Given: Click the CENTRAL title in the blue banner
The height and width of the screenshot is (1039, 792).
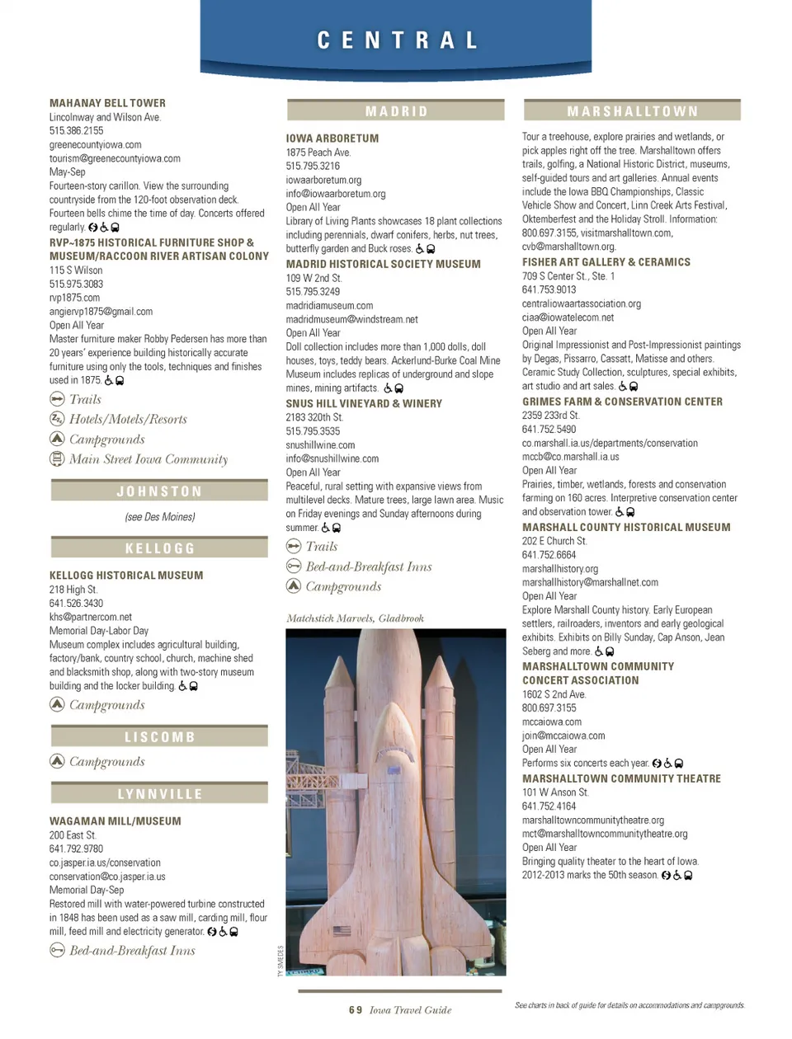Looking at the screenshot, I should point(397,40).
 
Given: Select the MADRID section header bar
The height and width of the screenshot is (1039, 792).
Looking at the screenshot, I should point(396,111).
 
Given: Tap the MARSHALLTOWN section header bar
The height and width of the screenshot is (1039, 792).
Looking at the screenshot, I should point(632,111).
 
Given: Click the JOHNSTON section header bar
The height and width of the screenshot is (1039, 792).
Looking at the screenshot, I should point(159,491).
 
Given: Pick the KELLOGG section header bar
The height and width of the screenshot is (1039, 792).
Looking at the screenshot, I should point(159,548).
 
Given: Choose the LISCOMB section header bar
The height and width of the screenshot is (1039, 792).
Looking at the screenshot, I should point(159,737).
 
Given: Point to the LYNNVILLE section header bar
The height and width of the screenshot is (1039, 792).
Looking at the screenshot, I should point(159,794).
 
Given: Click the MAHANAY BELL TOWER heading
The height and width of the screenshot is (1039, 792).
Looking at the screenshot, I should point(107,103).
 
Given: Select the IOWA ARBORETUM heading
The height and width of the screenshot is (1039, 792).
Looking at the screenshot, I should point(332,139).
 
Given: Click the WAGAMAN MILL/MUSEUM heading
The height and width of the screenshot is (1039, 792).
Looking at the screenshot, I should point(115,821).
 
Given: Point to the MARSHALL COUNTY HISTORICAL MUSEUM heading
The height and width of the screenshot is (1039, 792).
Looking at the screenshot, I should point(626,527).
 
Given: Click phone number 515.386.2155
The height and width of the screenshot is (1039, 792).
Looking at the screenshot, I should point(76,130).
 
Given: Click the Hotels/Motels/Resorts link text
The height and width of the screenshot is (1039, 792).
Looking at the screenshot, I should point(128,419).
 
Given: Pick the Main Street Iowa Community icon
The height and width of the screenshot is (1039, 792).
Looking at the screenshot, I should point(57,458).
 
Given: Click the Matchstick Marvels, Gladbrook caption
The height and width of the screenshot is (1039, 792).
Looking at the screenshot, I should point(355,618).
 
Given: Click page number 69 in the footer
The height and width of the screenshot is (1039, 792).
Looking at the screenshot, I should point(355,1010).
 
